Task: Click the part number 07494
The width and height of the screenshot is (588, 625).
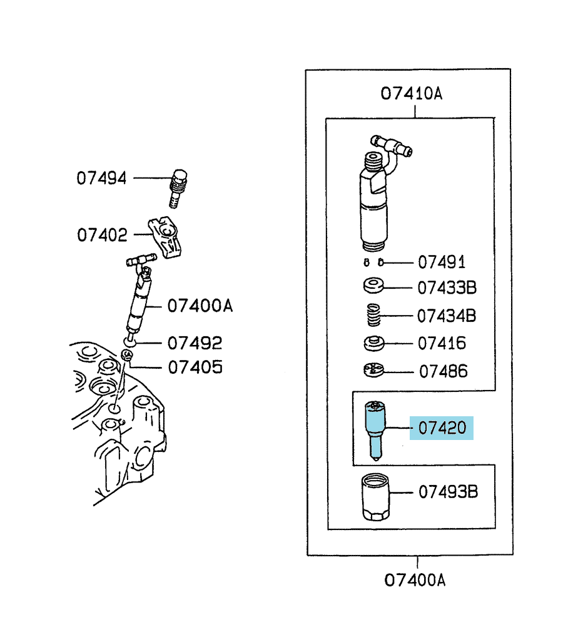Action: [x=101, y=178]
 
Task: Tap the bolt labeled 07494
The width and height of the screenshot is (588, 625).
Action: [x=178, y=189]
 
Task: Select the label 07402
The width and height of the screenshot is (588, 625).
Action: [x=102, y=235]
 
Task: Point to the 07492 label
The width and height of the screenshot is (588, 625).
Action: [x=195, y=343]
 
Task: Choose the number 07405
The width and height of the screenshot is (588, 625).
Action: [x=195, y=367]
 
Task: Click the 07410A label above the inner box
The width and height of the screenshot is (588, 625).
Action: [x=411, y=94]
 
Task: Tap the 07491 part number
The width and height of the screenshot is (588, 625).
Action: [x=442, y=262]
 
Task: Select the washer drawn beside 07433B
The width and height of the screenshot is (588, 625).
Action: [x=373, y=286]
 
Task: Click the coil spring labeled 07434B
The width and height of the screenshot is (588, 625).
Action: [x=373, y=315]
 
